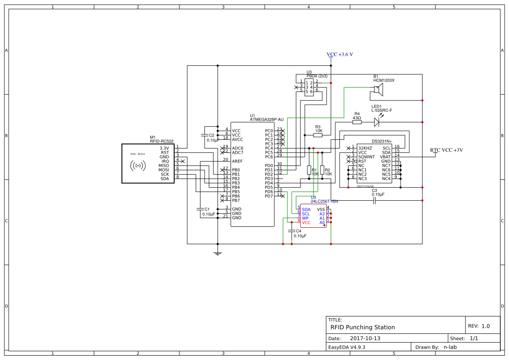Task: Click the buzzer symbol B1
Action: [x=378, y=89]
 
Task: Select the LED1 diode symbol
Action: [x=377, y=122]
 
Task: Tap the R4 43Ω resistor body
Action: [x=357, y=122]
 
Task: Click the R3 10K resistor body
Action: [x=318, y=135]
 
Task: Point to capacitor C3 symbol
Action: [x=374, y=200]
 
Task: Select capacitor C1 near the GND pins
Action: [x=200, y=209]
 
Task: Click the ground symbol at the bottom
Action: [x=218, y=253]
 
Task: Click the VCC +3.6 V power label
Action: [x=340, y=54]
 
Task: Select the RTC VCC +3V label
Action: [x=446, y=150]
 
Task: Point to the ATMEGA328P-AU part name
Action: [x=267, y=119]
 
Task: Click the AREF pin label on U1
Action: [x=237, y=161]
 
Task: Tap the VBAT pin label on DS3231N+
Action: [x=385, y=157]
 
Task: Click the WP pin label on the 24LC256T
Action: [x=305, y=218]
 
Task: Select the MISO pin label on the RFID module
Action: [x=164, y=165]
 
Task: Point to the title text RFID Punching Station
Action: [x=363, y=327]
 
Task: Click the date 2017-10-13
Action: [x=365, y=338]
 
